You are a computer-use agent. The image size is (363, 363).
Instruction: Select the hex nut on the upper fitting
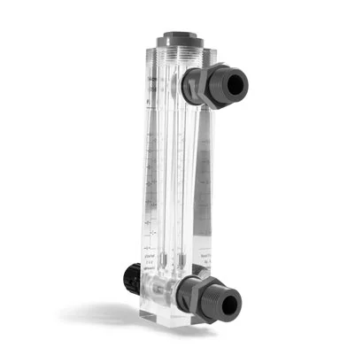pos(203,85)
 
